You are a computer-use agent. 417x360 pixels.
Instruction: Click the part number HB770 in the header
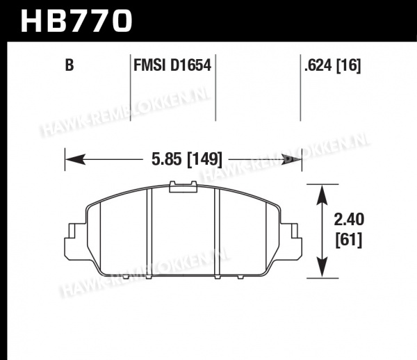click(76, 21)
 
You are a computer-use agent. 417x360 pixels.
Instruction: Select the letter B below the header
click(69, 65)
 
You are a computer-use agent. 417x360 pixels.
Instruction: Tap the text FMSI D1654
click(172, 65)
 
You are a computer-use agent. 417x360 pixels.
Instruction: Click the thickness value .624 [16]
click(332, 65)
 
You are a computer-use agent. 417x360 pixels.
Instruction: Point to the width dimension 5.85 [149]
click(187, 160)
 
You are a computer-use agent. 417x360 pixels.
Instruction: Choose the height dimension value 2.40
click(349, 220)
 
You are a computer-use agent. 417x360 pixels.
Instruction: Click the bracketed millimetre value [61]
click(349, 240)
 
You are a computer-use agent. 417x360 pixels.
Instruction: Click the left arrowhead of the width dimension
click(75, 159)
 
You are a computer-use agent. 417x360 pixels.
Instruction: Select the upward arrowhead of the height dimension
click(322, 195)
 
